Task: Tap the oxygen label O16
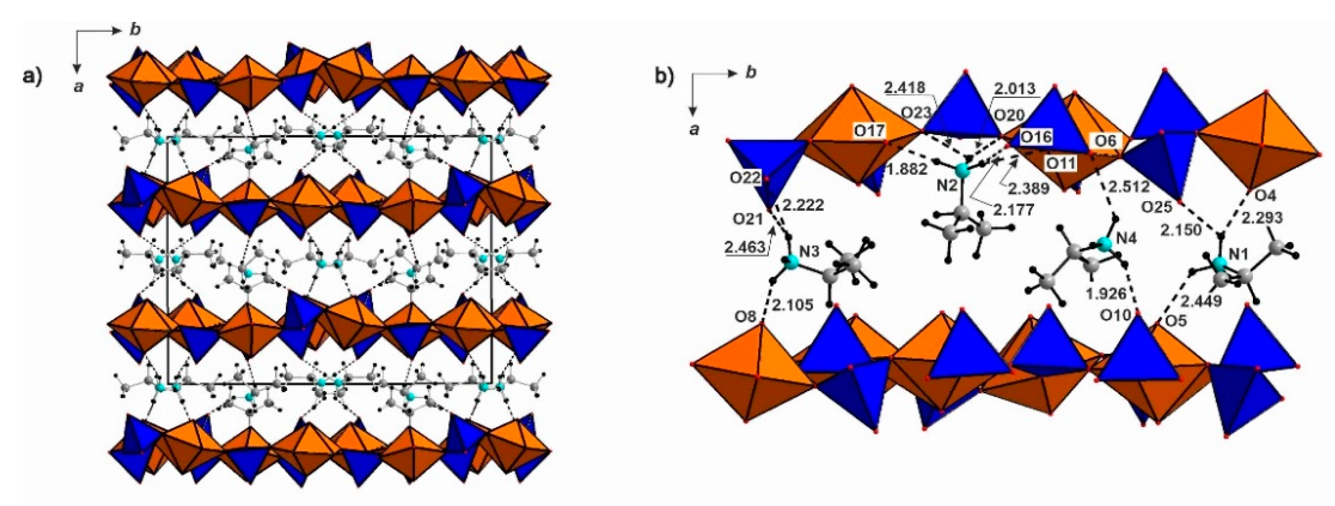(x=1036, y=138)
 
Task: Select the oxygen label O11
(x=1061, y=163)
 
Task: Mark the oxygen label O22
(x=745, y=178)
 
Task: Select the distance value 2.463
(x=745, y=247)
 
